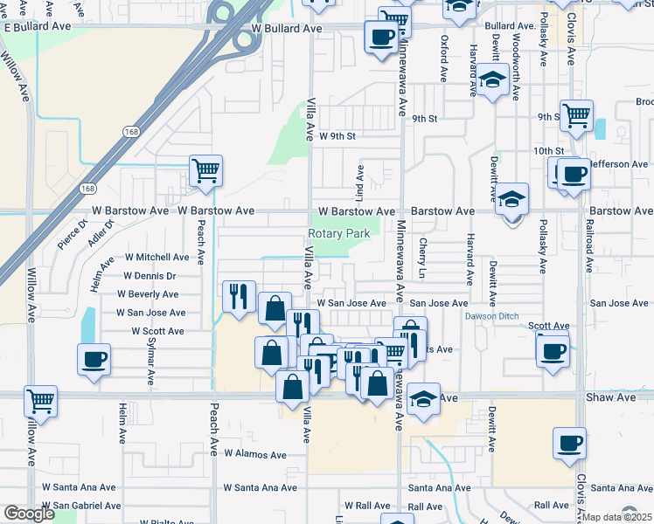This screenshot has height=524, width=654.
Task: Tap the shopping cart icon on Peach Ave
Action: [205, 170]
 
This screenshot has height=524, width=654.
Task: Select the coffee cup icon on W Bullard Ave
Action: [381, 38]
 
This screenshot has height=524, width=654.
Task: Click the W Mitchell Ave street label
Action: [157, 258]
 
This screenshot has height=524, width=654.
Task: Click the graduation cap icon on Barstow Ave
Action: [512, 199]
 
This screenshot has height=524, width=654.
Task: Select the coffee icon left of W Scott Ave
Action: [94, 359]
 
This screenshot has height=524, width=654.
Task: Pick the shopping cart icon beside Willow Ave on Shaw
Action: [41, 402]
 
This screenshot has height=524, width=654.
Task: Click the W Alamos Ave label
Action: [254, 455]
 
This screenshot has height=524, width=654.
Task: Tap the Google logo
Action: [28, 514]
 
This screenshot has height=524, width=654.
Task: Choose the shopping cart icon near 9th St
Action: [577, 115]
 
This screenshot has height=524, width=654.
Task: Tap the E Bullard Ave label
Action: [37, 28]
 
